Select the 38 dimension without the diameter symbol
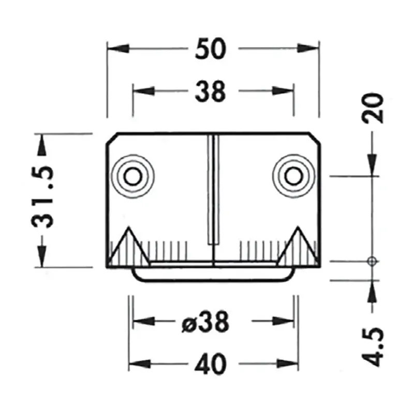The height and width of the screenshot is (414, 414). pyautogui.click(x=211, y=92)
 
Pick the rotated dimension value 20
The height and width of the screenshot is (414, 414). pyautogui.click(x=374, y=108)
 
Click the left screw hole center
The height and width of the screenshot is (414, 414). pyautogui.click(x=134, y=176)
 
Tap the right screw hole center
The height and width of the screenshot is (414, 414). pyautogui.click(x=293, y=176)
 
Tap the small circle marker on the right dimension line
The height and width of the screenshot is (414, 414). pyautogui.click(x=371, y=260)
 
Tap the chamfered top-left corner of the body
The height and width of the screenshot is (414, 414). pyautogui.click(x=111, y=138)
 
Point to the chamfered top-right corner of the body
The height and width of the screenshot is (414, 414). pyautogui.click(x=315, y=138)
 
